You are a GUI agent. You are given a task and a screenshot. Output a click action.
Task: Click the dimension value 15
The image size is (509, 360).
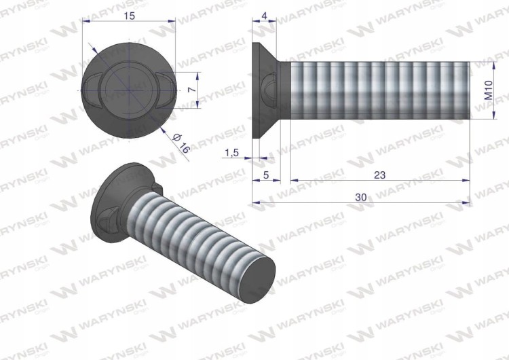tap(130, 16)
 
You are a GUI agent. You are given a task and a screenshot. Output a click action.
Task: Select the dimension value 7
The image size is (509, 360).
tap(192, 90)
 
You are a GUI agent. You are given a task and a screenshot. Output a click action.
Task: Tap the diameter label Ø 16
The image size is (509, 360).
tap(181, 143)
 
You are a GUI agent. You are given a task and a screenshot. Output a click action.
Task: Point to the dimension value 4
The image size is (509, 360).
tap(265, 16)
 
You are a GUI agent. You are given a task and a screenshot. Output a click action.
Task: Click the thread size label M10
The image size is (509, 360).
tap(489, 90)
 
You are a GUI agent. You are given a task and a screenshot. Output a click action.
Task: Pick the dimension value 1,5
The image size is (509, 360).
tap(231, 152)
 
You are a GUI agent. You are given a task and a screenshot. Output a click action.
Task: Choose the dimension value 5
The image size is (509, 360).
tap(266, 175)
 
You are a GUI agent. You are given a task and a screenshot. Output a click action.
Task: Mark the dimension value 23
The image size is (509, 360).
tap(379, 175)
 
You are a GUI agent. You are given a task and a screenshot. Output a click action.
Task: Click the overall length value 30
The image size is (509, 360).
tap(361, 197)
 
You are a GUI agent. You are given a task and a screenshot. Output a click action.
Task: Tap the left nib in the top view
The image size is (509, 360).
tap(90, 90)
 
